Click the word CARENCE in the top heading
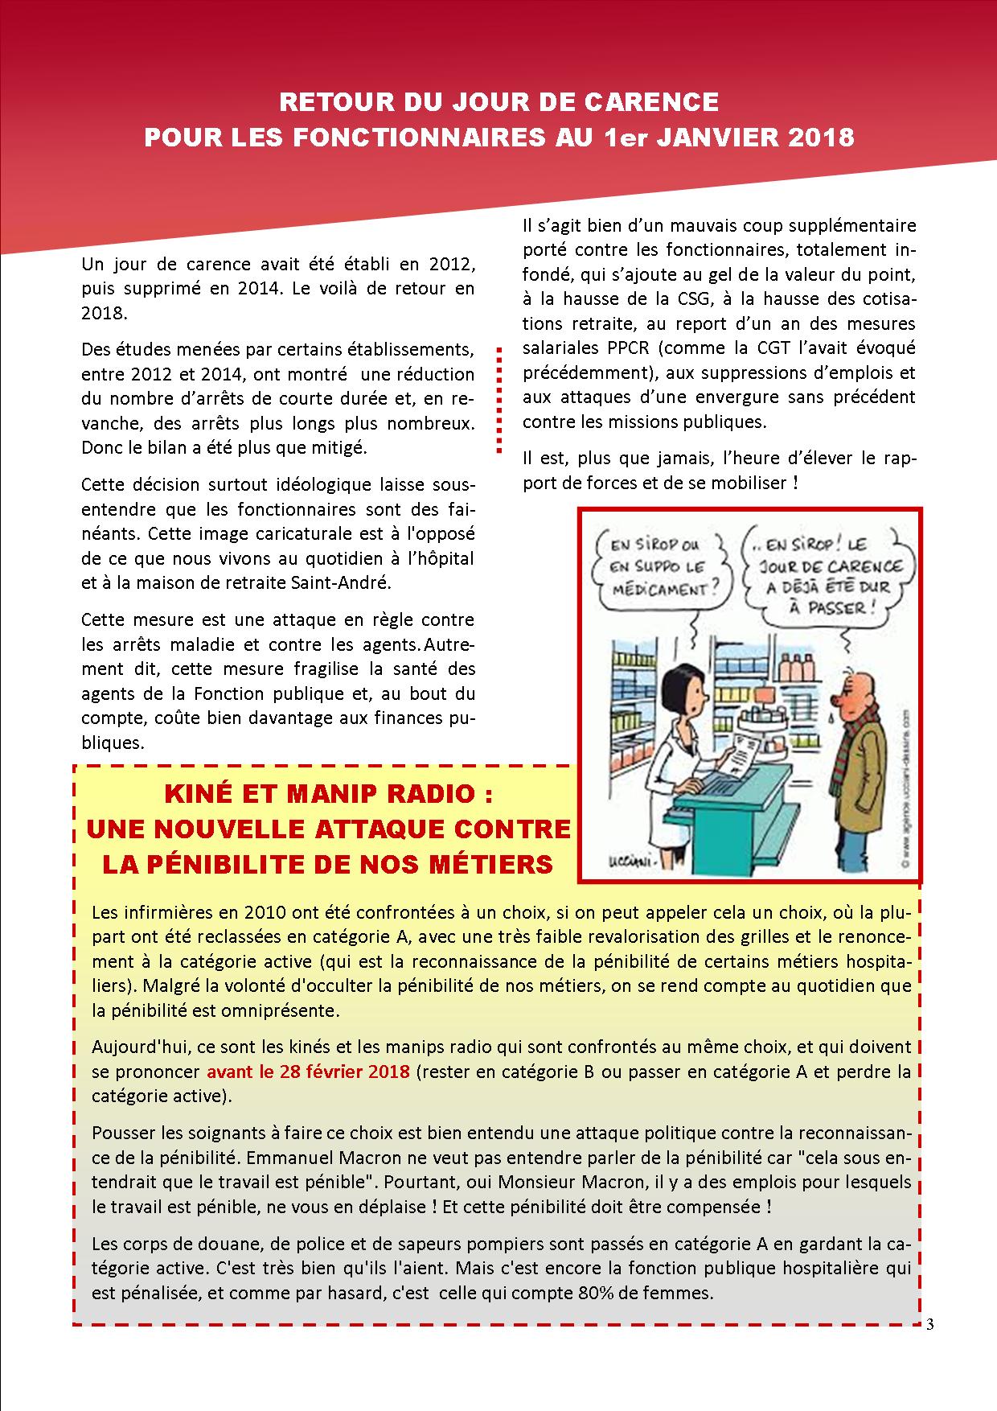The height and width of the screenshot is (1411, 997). point(657,102)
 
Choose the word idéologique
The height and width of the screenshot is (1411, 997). point(305,485)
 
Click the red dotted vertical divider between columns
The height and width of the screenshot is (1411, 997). point(499,399)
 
